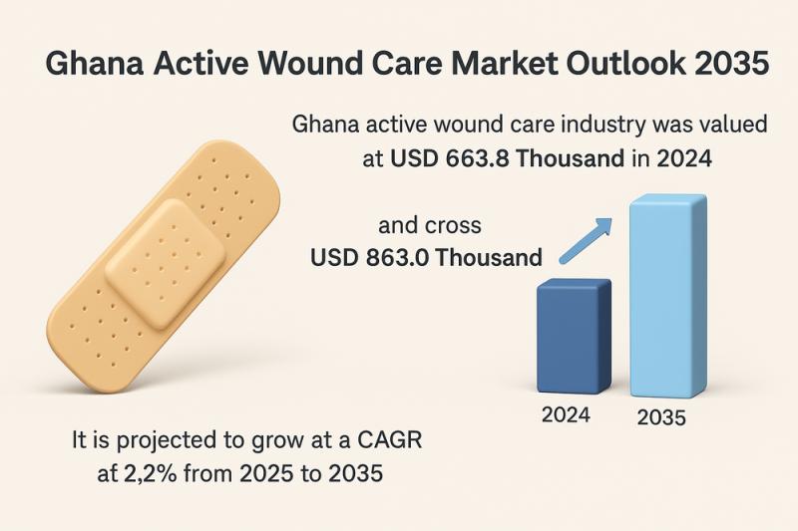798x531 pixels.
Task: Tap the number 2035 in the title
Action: (x=733, y=67)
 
